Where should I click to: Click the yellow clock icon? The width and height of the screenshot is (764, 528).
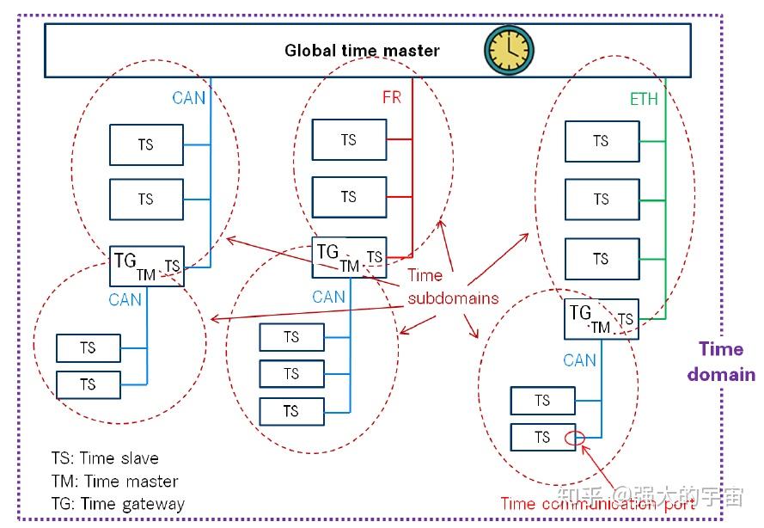(509, 50)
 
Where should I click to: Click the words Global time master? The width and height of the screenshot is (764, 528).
(362, 50)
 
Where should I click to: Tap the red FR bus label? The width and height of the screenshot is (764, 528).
(392, 97)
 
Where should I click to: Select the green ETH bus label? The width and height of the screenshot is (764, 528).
(644, 99)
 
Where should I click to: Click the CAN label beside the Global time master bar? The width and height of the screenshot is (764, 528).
(188, 98)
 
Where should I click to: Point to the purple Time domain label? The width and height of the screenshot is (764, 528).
(721, 362)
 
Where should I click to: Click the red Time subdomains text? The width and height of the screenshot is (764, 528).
(453, 286)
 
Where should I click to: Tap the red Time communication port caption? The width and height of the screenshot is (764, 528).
(598, 504)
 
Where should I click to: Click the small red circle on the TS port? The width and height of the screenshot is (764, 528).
(575, 438)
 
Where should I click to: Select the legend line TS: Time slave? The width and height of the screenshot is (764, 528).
(105, 458)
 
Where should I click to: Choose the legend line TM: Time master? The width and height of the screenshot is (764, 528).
(114, 482)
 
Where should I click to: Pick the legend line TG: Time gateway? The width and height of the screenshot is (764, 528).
(118, 504)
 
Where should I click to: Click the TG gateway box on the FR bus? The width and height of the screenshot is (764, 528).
(350, 257)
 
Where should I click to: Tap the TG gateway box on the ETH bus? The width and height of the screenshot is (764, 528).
(602, 319)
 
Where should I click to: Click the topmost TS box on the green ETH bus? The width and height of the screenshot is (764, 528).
(602, 141)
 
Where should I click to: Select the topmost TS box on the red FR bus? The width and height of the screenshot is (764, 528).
(350, 140)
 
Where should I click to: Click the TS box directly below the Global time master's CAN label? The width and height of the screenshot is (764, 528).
(147, 144)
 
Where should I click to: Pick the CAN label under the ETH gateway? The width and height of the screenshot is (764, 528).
(579, 360)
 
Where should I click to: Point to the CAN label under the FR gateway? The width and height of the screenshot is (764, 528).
(328, 297)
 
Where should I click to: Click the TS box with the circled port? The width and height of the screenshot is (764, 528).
(543, 438)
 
